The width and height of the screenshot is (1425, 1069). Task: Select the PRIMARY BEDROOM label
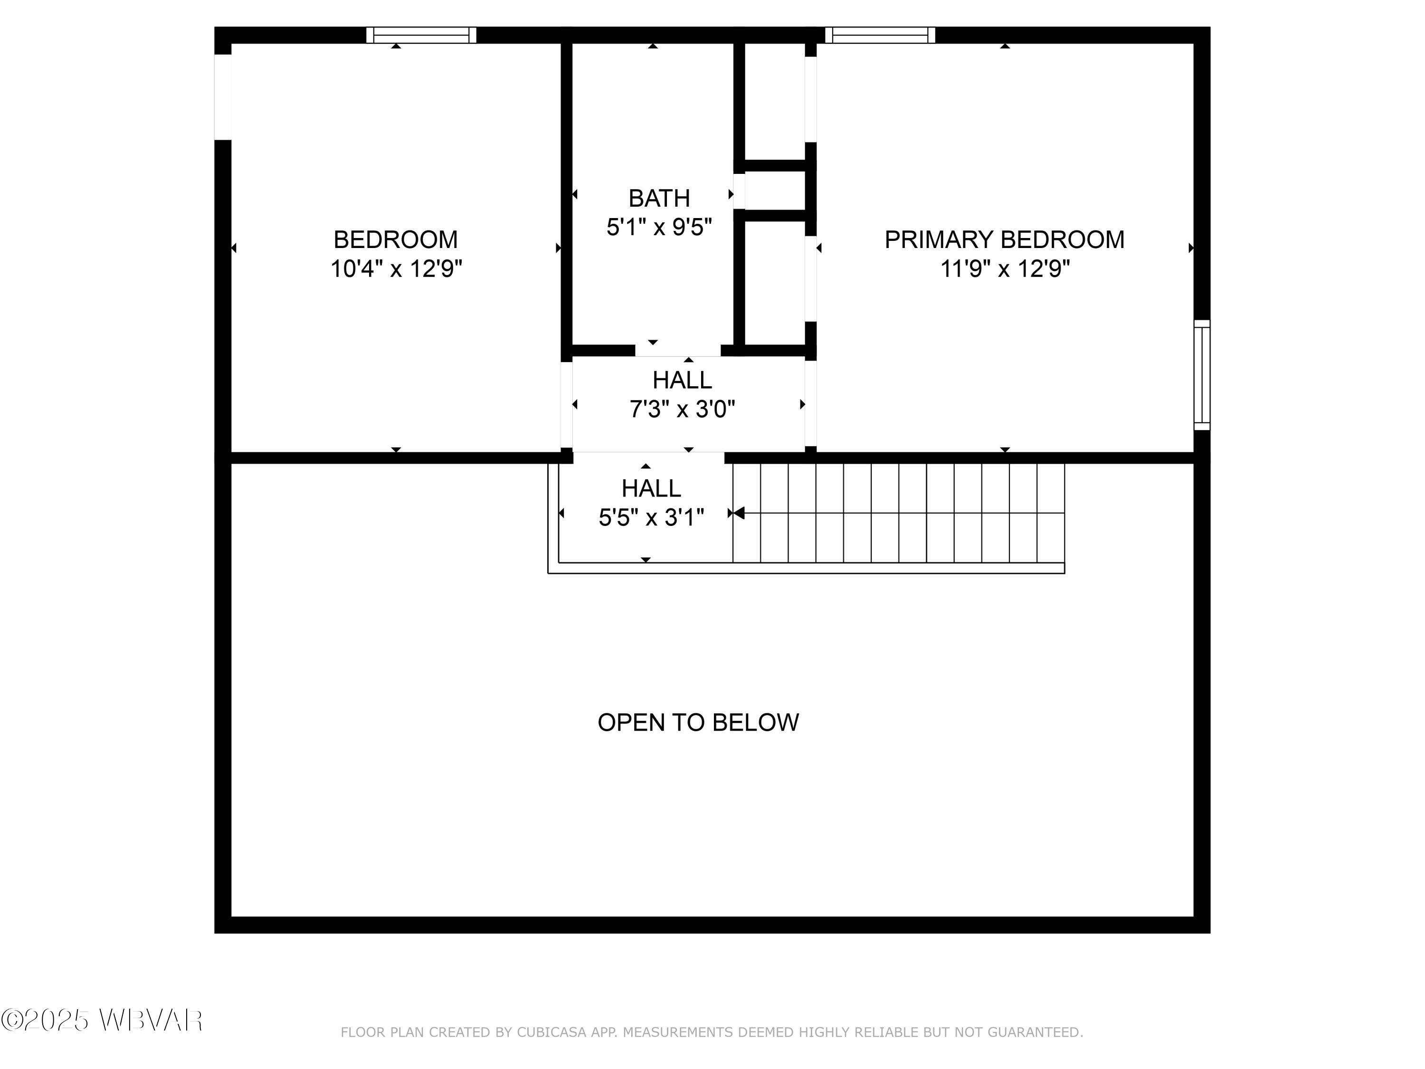(x=1004, y=240)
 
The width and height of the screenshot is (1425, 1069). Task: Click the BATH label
(x=658, y=199)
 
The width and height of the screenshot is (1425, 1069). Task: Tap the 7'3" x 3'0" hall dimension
(x=682, y=409)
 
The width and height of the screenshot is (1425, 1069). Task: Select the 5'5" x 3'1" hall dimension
(x=651, y=517)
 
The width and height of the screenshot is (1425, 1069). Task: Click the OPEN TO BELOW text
(x=698, y=722)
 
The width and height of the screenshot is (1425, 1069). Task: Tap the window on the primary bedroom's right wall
(x=1201, y=375)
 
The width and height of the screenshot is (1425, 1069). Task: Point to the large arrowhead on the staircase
(x=739, y=513)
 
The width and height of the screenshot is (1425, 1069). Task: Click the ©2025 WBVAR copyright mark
(x=102, y=1020)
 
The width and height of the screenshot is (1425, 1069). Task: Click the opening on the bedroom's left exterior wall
(x=222, y=96)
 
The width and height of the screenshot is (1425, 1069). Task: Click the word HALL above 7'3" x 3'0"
(x=682, y=380)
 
